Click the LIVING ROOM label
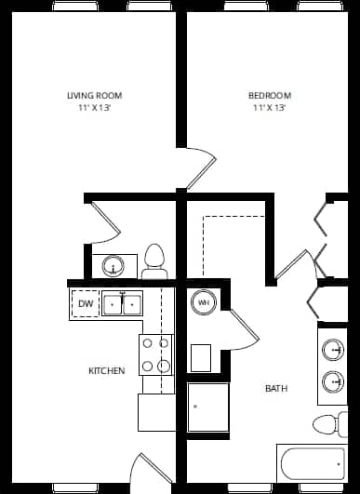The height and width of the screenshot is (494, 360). coord(94,95)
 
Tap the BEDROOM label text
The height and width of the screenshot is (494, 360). coord(270,95)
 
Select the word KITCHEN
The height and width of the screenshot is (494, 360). coord(107,370)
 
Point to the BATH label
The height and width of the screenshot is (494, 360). coord(276,388)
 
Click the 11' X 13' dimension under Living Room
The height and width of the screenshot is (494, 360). coord(94,108)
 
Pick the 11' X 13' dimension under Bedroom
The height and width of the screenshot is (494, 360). coord(270,108)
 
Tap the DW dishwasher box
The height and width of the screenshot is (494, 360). coord(86,304)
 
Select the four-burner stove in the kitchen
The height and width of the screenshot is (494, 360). coord(156,354)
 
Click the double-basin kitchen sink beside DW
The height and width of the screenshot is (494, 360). coord(122,303)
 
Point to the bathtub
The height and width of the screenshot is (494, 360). coord(312,462)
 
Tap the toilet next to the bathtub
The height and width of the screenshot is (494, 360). coord(327,424)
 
